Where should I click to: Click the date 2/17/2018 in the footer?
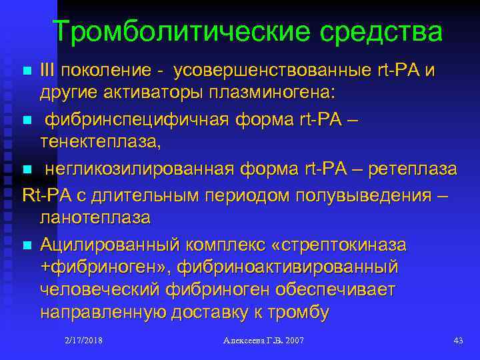tap(84, 341)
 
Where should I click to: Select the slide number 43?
tap(458, 341)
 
